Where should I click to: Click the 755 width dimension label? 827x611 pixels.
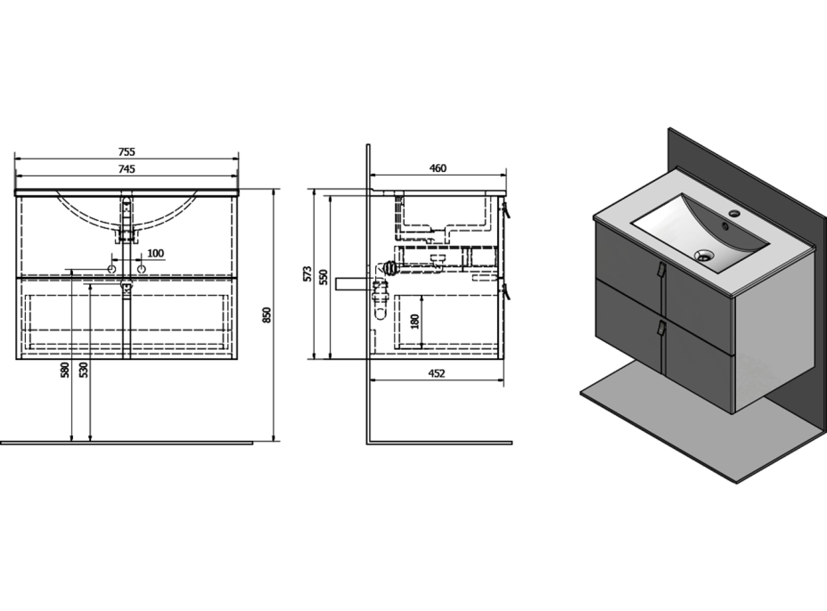[127, 151]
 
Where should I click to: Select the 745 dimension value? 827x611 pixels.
[127, 168]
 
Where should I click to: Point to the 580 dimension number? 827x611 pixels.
[65, 370]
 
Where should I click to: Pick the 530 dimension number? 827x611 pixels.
[84, 370]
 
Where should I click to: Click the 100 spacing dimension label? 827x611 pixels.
[155, 254]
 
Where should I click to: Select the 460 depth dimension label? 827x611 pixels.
[438, 168]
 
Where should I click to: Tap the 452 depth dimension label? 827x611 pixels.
[436, 373]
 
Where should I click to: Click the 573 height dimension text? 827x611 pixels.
[307, 274]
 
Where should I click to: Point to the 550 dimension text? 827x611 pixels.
[323, 277]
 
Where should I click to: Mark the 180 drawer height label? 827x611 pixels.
[414, 322]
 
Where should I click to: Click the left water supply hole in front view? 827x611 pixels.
[111, 269]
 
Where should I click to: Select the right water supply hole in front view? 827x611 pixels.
[141, 269]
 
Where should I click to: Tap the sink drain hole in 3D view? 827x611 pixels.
[704, 256]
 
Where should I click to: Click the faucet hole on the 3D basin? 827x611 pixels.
[733, 214]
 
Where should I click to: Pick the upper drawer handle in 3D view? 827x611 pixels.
[659, 269]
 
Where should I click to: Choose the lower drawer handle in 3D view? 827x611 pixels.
[659, 329]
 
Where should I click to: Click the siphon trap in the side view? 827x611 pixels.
[381, 297]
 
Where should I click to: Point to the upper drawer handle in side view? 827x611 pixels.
[506, 210]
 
